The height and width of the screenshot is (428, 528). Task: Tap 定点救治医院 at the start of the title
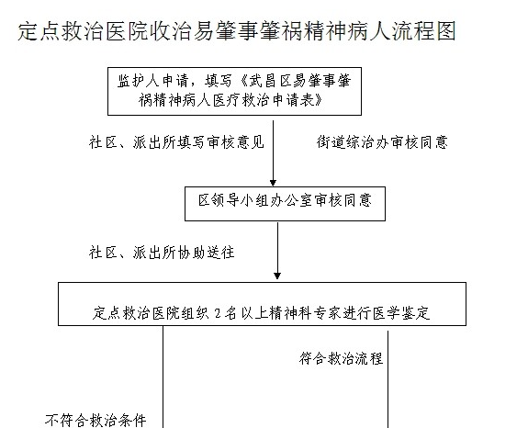click(84, 31)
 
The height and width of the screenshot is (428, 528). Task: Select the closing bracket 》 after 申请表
click(319, 100)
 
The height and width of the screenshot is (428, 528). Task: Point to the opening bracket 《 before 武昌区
click(244, 81)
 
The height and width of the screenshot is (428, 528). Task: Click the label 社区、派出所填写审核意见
click(176, 142)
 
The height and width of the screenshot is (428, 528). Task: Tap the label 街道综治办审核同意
click(382, 142)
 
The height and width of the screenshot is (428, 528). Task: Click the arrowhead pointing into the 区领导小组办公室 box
click(273, 183)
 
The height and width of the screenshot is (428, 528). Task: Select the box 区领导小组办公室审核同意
click(285, 204)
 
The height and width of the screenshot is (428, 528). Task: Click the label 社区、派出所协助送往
click(162, 253)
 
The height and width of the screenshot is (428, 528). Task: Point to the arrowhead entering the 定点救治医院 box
click(277, 276)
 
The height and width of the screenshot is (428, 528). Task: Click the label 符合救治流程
click(341, 358)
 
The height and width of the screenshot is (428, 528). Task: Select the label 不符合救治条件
click(95, 421)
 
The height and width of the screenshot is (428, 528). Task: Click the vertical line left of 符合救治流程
click(388, 379)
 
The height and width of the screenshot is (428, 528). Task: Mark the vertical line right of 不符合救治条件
click(163, 377)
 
